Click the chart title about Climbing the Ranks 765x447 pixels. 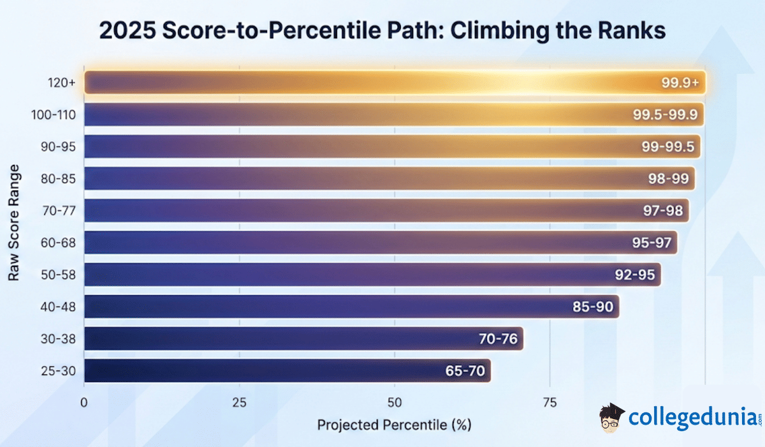point(382,31)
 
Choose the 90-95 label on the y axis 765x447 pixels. point(58,147)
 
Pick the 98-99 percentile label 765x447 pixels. point(667,179)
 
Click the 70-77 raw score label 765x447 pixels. point(58,211)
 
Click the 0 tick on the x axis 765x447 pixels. point(84,402)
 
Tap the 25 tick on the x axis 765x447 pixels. point(239,402)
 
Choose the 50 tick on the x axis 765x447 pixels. point(394,402)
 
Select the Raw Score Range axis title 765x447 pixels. point(13,223)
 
